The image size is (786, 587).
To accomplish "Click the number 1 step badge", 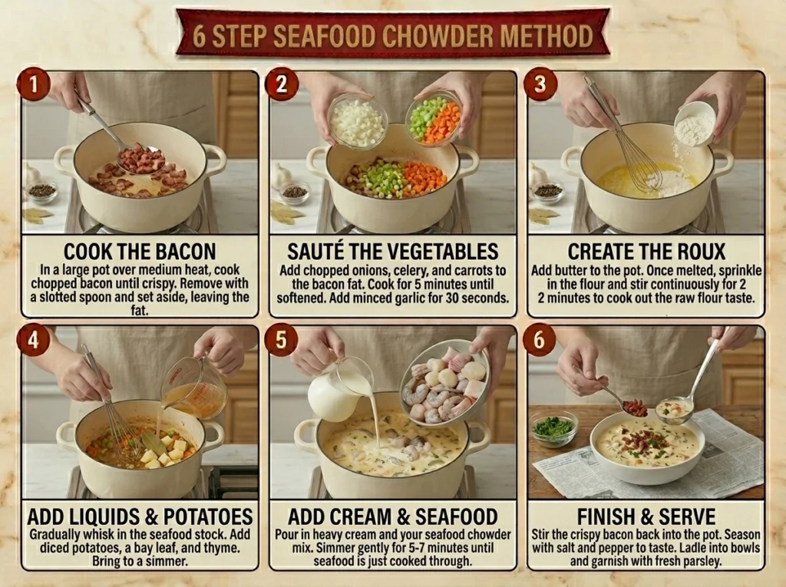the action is pyautogui.click(x=34, y=84).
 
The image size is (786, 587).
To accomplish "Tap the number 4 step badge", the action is pyautogui.click(x=34, y=340).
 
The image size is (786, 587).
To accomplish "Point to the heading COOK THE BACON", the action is pyautogui.click(x=140, y=251).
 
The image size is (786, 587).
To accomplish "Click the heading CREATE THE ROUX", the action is pyautogui.click(x=646, y=251).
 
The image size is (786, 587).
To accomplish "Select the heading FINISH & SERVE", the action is pyautogui.click(x=646, y=516).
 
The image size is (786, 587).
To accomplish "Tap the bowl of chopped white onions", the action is pyautogui.click(x=358, y=120).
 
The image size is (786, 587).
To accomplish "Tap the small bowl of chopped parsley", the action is pyautogui.click(x=553, y=429).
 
